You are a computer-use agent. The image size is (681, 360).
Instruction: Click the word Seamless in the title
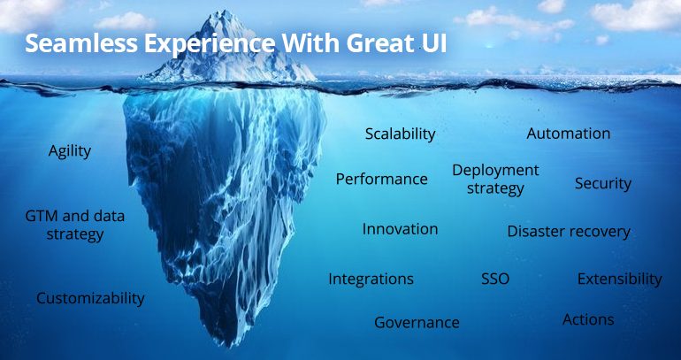pos(80,43)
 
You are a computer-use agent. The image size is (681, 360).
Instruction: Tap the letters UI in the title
pos(433,43)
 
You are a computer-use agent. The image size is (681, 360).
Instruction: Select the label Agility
pos(70,151)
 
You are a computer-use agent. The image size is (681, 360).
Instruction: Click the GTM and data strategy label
pos(74,225)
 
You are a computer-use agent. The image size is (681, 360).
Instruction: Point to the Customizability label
pos(90,298)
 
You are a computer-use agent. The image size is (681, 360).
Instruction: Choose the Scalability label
pos(400,134)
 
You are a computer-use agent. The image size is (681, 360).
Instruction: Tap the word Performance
pos(382,179)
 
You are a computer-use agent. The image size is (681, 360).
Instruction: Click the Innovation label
pos(400,229)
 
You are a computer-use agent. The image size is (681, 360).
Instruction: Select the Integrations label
pos(371,279)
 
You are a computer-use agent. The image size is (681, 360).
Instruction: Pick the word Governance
pos(417,322)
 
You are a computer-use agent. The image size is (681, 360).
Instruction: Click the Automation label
pos(568,134)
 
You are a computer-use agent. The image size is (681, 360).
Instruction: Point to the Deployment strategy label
pos(495,179)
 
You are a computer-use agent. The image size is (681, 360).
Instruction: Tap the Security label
pos(603,183)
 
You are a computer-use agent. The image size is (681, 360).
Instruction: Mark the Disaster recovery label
pos(569,232)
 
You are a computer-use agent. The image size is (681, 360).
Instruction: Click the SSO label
pos(495,279)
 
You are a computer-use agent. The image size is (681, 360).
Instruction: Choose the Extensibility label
pos(620,279)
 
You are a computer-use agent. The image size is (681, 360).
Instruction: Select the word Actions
pos(588,319)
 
